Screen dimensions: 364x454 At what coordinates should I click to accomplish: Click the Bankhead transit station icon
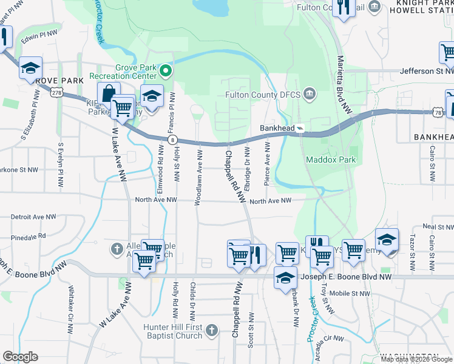[x=299, y=129]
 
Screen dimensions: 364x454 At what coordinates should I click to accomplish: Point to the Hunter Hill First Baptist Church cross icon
[x=211, y=330]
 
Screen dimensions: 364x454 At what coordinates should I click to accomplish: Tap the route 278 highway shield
[x=57, y=93]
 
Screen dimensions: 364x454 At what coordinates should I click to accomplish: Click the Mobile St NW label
[x=351, y=293]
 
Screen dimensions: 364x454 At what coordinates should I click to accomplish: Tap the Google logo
[x=20, y=357]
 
